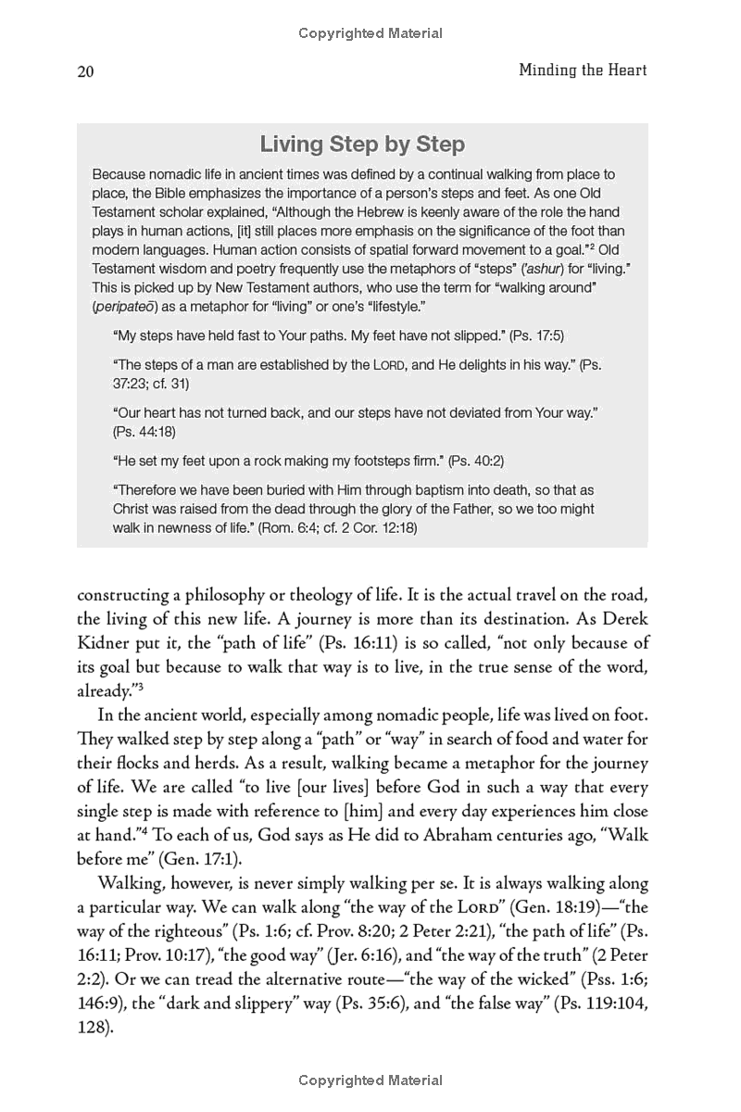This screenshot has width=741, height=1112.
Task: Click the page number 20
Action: pos(85,72)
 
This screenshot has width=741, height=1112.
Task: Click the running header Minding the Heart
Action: pos(583,70)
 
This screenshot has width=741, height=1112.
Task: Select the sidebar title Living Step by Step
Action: pos(362,145)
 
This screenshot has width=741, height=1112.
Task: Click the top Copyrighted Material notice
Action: pos(370,33)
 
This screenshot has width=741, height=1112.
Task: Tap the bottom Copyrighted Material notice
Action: pos(370,1080)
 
